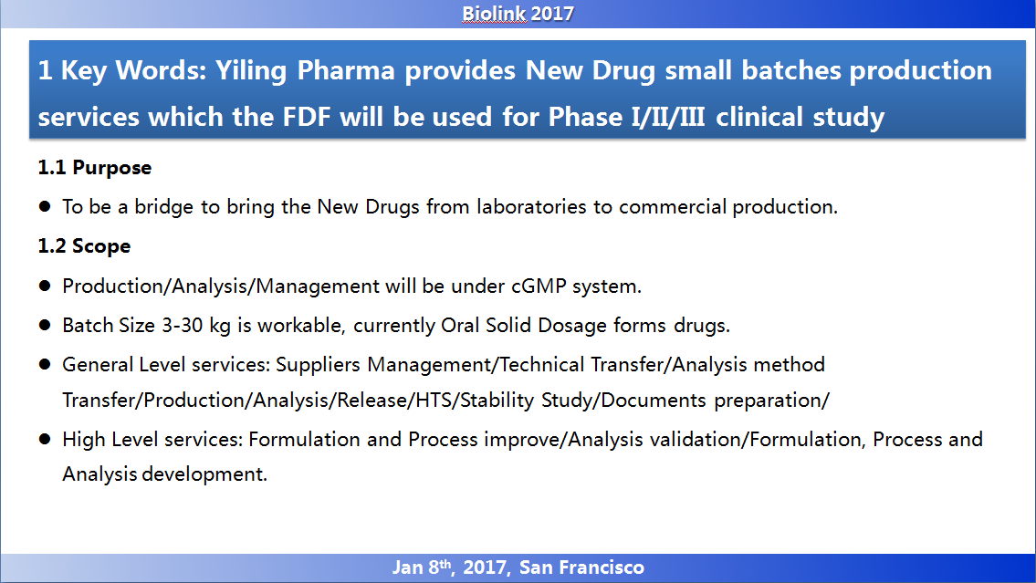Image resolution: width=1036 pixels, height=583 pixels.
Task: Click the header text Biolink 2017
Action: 518,14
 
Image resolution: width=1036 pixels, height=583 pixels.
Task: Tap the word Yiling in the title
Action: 251,71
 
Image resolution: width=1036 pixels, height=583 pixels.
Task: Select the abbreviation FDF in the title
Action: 307,117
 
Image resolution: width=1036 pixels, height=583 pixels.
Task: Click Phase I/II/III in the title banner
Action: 626,117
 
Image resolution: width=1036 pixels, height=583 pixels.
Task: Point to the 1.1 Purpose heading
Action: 95,168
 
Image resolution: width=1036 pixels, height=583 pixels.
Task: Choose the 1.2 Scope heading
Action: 84,246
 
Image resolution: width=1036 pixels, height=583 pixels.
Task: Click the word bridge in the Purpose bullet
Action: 164,207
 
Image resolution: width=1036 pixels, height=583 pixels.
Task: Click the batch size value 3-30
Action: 182,326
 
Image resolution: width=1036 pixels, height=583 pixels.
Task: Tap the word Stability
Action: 497,401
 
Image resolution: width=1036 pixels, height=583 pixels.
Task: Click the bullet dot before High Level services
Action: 45,439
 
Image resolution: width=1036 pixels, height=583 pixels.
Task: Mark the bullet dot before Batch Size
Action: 45,325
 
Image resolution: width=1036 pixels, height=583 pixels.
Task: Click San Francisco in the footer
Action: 581,567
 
